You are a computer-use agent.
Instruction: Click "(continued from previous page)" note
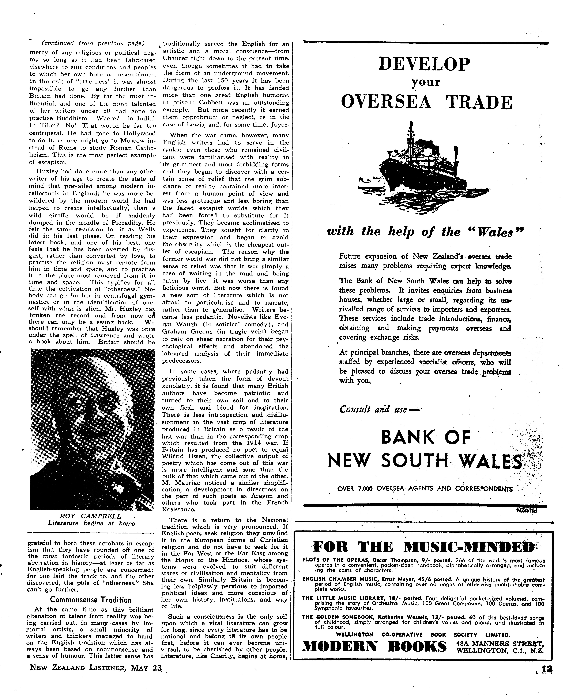[x=93, y=43]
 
